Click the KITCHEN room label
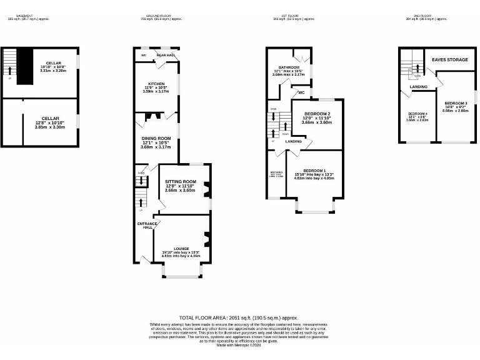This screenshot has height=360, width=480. (x=156, y=83)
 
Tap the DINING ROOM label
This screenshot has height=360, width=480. (x=156, y=138)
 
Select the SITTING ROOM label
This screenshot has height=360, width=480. (x=180, y=181)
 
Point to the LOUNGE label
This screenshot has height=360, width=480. (x=181, y=248)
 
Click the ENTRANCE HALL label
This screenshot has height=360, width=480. (x=146, y=225)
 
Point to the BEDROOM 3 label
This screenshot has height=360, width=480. (x=456, y=103)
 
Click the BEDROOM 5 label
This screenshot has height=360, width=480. (x=276, y=172)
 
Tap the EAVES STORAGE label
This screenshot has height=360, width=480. (x=449, y=60)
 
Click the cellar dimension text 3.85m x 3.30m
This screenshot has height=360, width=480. (x=50, y=127)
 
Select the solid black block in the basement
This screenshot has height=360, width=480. (x=24, y=65)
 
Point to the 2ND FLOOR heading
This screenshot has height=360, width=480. (x=422, y=16)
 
